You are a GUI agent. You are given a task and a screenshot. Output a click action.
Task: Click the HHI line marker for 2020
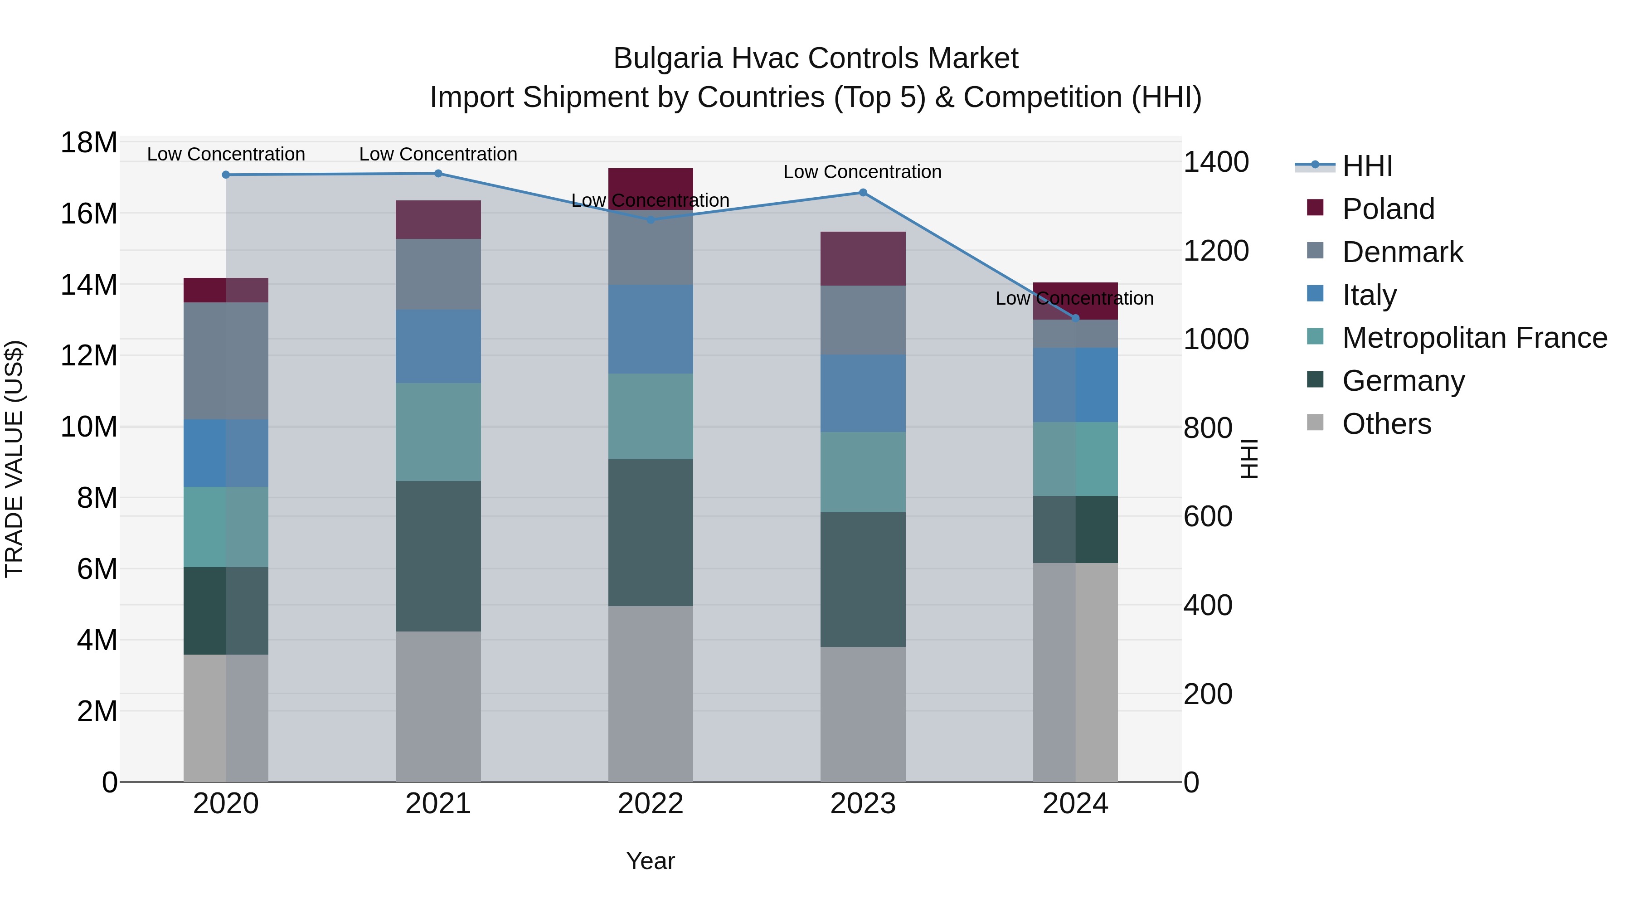click(226, 175)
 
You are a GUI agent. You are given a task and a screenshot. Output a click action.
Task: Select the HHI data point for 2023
click(862, 193)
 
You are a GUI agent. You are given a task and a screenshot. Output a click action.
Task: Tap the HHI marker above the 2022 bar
click(650, 220)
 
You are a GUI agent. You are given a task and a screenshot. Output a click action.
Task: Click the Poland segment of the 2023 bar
click(862, 258)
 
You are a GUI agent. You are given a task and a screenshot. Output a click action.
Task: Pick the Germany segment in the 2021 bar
click(438, 556)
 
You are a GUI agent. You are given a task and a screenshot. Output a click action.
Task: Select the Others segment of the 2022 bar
click(650, 694)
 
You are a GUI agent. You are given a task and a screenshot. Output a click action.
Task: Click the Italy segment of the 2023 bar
click(862, 393)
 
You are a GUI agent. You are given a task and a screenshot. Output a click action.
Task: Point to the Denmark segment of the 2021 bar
click(438, 274)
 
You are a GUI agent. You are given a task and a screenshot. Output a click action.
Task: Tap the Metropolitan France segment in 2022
click(650, 416)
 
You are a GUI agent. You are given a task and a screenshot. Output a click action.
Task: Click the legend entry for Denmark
click(1402, 252)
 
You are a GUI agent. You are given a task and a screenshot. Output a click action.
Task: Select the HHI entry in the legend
click(1367, 166)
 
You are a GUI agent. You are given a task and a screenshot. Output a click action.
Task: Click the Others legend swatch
click(1315, 423)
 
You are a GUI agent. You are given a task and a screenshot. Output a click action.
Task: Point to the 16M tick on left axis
click(89, 214)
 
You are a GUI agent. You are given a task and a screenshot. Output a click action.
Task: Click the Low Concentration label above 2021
click(438, 154)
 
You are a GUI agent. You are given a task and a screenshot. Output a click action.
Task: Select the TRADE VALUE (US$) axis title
click(14, 459)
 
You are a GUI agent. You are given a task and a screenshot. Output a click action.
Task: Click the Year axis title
click(650, 861)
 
